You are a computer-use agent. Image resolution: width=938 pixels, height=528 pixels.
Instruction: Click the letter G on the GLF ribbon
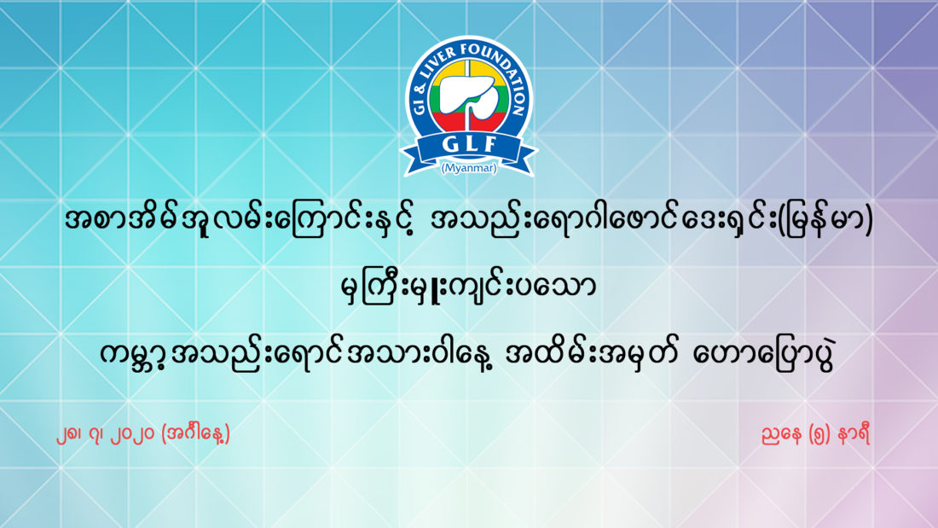tap(449, 144)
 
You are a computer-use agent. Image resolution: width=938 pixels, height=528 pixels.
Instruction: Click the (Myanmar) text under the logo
tap(469, 168)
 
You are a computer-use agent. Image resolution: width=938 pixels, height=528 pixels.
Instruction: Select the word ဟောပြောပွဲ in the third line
tap(762, 354)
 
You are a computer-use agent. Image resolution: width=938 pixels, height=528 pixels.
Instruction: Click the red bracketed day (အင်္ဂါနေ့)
tap(195, 433)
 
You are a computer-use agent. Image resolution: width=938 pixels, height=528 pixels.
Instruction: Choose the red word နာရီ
tap(854, 433)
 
